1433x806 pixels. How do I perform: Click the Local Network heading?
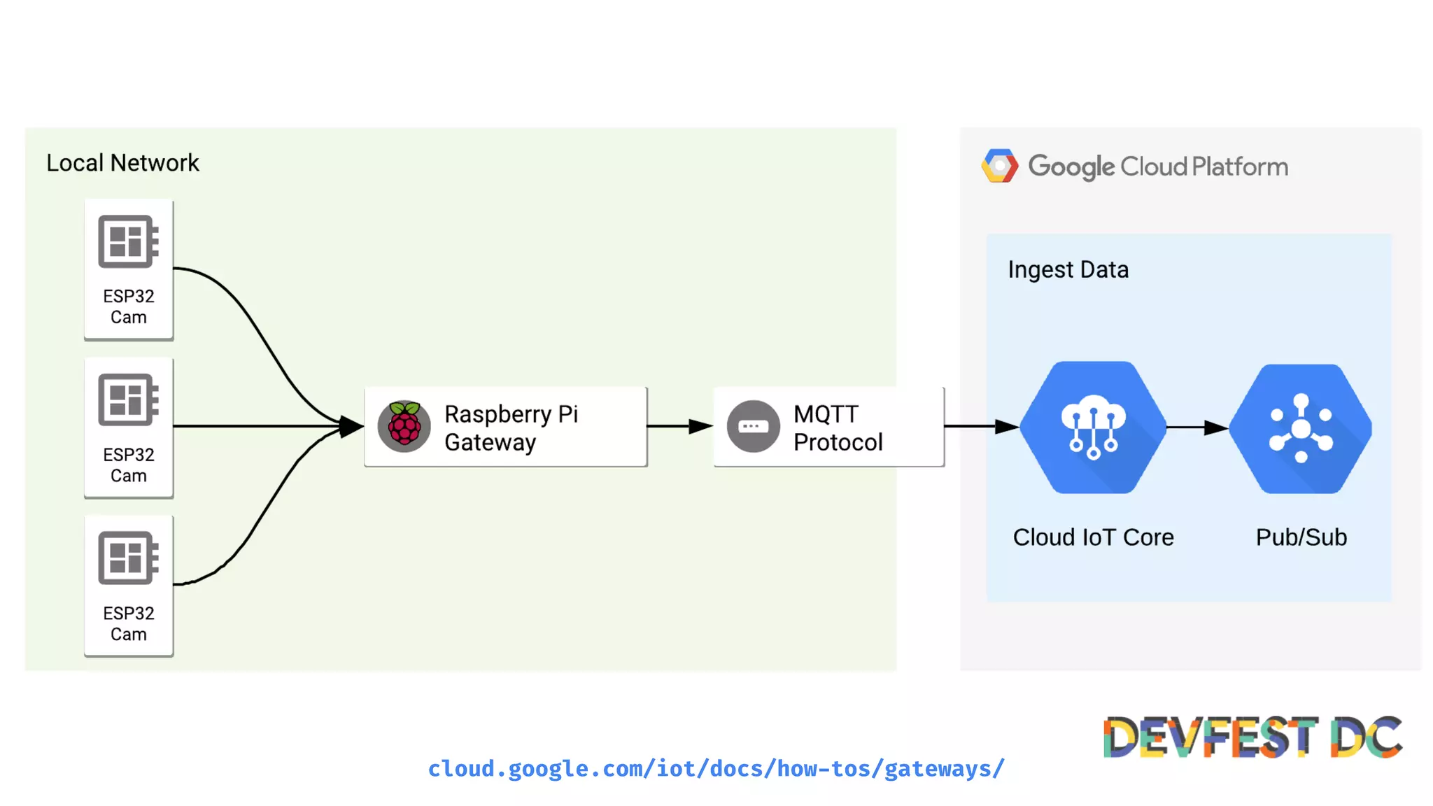(x=122, y=163)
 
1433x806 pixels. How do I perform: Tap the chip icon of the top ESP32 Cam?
(x=128, y=241)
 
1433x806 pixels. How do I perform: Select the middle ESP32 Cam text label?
(x=129, y=465)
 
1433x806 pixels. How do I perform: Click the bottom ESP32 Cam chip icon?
(x=128, y=558)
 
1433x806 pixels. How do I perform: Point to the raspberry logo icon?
(x=404, y=426)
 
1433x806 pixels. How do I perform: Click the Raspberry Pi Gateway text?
(x=511, y=427)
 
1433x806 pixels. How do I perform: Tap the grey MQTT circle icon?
(x=753, y=426)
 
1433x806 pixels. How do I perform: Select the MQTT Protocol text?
(x=838, y=427)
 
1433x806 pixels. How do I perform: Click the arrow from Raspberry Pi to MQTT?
(x=679, y=426)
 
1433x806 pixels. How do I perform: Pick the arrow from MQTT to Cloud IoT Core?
(x=980, y=426)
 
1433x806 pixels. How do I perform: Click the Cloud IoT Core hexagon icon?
(x=1093, y=427)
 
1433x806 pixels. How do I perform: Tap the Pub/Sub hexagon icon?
(x=1301, y=428)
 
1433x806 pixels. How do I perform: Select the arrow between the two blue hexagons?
(x=1197, y=427)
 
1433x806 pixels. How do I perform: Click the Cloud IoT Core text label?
(x=1093, y=537)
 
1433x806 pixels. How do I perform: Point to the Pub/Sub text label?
(x=1301, y=537)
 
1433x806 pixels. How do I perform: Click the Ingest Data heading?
(x=1068, y=269)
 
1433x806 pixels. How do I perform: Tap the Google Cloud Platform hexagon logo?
(x=999, y=166)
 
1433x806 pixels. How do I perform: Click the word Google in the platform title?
(x=1071, y=167)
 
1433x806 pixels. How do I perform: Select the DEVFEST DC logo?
(x=1252, y=737)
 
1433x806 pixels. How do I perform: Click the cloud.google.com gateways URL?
(x=716, y=768)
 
